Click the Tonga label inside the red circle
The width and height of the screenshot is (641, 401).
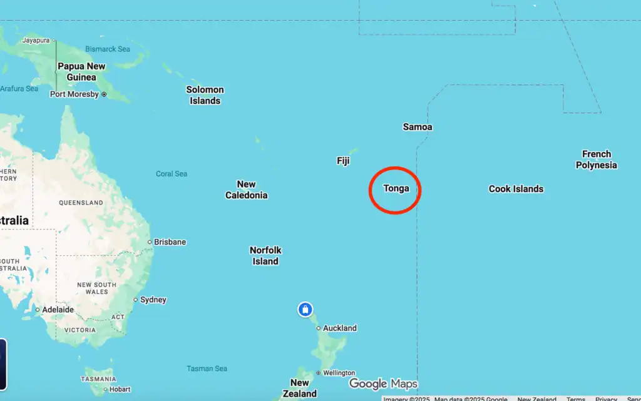pos(396,188)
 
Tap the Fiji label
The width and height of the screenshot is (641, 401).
pos(343,161)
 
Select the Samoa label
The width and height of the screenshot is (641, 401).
pos(417,127)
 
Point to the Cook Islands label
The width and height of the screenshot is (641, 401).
pos(516,189)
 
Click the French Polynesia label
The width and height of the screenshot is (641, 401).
pos(596,160)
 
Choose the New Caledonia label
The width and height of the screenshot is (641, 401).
pos(246,190)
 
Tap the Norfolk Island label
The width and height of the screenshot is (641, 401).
pos(265,256)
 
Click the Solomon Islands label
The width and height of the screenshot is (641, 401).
pos(205,95)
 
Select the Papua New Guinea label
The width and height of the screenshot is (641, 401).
pos(81,72)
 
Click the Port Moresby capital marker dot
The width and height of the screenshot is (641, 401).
pos(104,94)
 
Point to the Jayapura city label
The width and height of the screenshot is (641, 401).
pos(36,40)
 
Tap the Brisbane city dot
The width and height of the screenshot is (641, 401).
pos(150,242)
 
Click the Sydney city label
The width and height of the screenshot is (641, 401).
pos(153,300)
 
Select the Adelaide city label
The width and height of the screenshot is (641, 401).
pos(58,310)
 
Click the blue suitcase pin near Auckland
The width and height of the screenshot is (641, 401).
pos(305,309)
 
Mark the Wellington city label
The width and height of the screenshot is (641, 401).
pos(339,373)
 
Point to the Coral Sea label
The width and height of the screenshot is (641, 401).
pos(172,174)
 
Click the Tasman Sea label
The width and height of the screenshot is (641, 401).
pos(207,368)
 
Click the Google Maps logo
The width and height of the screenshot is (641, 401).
pos(383,383)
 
